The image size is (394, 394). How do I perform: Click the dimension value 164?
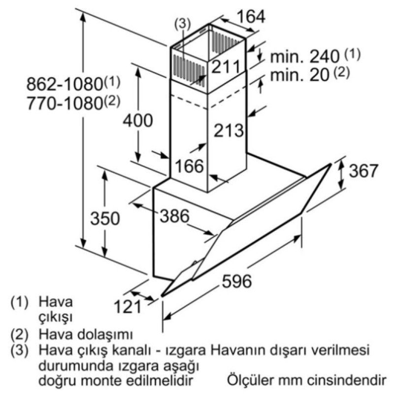tap(251, 17)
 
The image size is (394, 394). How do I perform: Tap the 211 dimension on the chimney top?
tap(226, 66)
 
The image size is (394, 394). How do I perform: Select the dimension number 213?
tap(229, 130)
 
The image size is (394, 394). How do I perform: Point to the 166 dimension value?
tap(189, 166)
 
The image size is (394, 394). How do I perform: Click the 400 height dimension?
tap(138, 120)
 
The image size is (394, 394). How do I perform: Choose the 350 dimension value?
tap(105, 218)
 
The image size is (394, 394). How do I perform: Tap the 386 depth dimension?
tap(175, 216)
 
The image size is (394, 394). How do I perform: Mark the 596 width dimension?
tap(237, 281)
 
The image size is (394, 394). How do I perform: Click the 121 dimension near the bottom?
tap(128, 306)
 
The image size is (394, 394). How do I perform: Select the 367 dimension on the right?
tap(363, 170)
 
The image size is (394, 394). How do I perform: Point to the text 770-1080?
tap(65, 103)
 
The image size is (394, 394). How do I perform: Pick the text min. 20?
tap(299, 75)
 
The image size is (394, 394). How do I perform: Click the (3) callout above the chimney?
tap(183, 23)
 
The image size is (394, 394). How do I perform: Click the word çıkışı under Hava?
tap(55, 317)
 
